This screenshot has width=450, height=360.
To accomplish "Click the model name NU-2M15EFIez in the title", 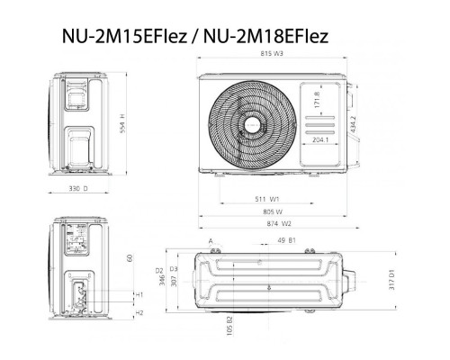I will pyautogui.click(x=115, y=37).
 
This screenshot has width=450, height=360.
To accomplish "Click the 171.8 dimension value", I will pyautogui.click(x=316, y=97).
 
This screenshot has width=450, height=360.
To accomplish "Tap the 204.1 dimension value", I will pyautogui.click(x=318, y=140).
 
